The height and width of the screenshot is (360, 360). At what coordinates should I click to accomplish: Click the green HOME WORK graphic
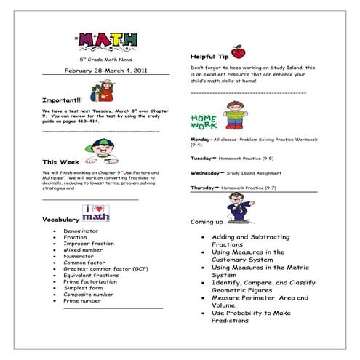coord(204,121)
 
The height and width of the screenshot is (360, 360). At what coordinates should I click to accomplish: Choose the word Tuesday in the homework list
coord(200,157)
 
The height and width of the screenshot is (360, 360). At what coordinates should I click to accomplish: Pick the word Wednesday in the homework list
coord(204,173)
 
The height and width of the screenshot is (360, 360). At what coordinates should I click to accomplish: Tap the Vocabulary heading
coord(60,219)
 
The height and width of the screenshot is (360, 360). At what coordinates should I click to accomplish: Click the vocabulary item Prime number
coord(81,300)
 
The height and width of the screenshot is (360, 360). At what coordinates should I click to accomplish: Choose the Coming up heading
coord(207,221)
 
